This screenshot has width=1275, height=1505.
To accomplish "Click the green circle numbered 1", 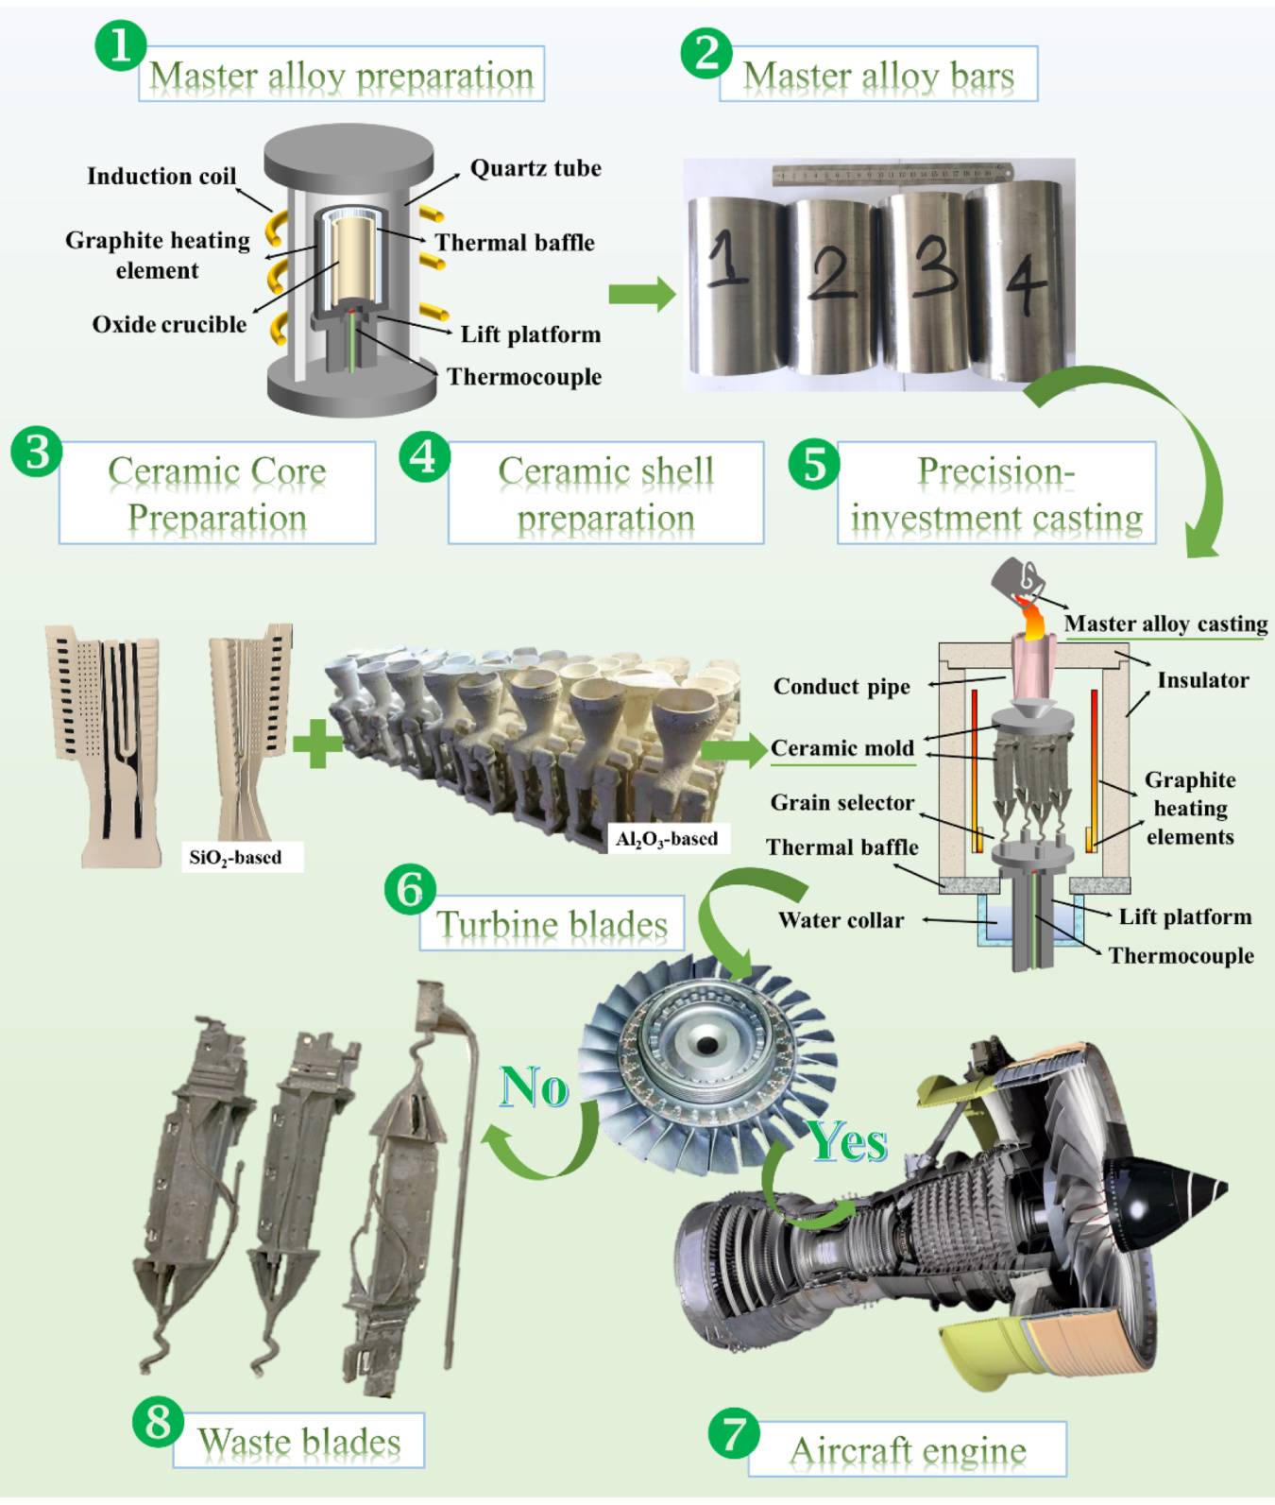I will click(x=120, y=44).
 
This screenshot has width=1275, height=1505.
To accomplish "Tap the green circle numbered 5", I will click(x=813, y=464).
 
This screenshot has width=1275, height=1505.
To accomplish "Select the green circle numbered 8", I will click(x=158, y=1420).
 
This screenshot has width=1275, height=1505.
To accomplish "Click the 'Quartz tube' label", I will click(x=535, y=168).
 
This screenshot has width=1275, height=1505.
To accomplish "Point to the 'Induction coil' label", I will click(x=161, y=177).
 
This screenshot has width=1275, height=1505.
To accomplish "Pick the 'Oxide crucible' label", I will click(x=169, y=325).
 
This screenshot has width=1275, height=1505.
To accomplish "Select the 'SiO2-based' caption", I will click(x=236, y=858).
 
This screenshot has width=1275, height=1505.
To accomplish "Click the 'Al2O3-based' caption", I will click(x=667, y=839).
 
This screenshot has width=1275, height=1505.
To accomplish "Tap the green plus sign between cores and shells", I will click(x=317, y=744).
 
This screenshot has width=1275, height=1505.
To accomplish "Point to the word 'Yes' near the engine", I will click(x=847, y=1141).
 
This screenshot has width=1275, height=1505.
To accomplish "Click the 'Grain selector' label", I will click(x=842, y=803).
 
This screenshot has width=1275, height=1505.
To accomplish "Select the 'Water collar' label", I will click(x=841, y=920).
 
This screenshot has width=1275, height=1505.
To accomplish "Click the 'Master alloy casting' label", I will click(x=1165, y=624).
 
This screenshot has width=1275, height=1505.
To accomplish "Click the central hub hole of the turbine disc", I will click(x=706, y=1043).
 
